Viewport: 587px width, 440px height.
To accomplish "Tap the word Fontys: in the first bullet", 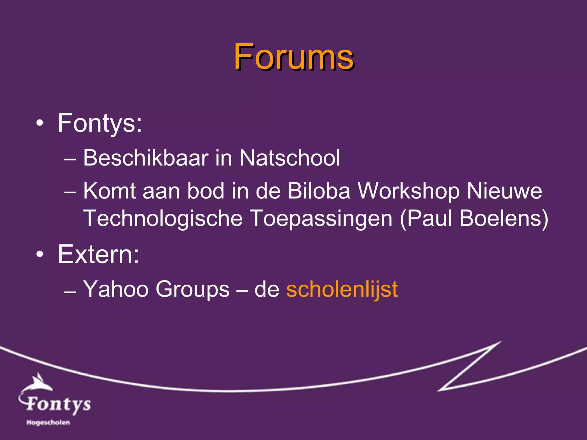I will tap(100, 123).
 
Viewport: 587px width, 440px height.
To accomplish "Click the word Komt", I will tap(109, 191).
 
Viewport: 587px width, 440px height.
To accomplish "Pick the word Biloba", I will tap(319, 191).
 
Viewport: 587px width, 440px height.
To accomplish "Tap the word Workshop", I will tap(408, 191).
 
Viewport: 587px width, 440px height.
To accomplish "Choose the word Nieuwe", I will tap(504, 191).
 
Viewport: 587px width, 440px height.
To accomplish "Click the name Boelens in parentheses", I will tap(500, 218).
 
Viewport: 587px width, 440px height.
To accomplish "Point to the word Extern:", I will tap(98, 254).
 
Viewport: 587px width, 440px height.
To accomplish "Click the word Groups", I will tap(192, 289).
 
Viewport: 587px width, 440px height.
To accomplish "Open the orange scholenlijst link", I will tap(342, 289).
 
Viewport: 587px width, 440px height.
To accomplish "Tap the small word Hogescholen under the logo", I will tap(48, 423).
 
